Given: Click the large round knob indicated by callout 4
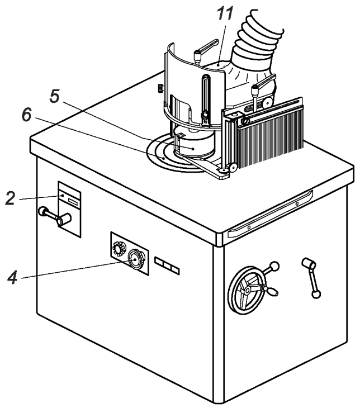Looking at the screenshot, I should coord(134,259).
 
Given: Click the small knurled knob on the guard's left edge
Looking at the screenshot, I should coord(159,88).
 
